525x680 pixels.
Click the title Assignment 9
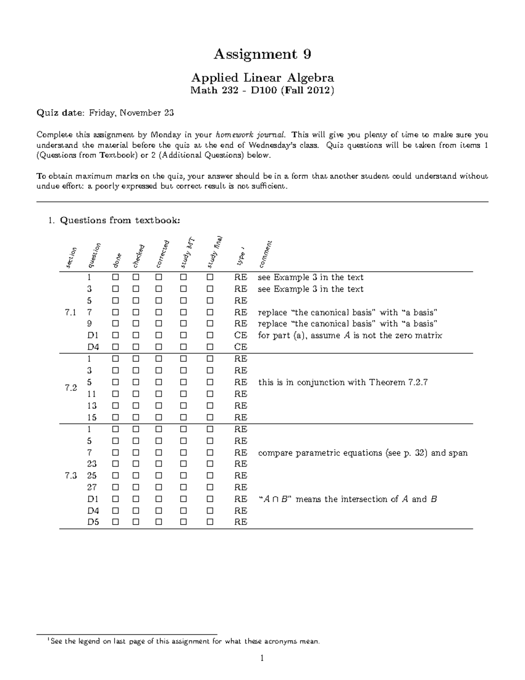[x=262, y=54]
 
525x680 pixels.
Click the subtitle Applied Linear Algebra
[x=262, y=78]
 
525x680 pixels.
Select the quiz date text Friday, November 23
[x=131, y=113]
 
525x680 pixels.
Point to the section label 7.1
[x=70, y=313]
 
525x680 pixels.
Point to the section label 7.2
[x=70, y=388]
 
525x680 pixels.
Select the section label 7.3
[x=70, y=476]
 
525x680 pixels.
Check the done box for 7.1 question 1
[x=115, y=278]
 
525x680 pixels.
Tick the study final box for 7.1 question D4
[x=210, y=347]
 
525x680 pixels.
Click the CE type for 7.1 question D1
[x=240, y=335]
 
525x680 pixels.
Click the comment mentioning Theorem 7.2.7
[x=343, y=382]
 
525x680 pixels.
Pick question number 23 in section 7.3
[x=92, y=464]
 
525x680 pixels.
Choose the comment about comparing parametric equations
[x=363, y=453]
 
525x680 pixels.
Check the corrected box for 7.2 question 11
[x=158, y=394]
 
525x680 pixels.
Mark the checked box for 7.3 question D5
[x=136, y=522]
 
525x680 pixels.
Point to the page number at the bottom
[x=262, y=658]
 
